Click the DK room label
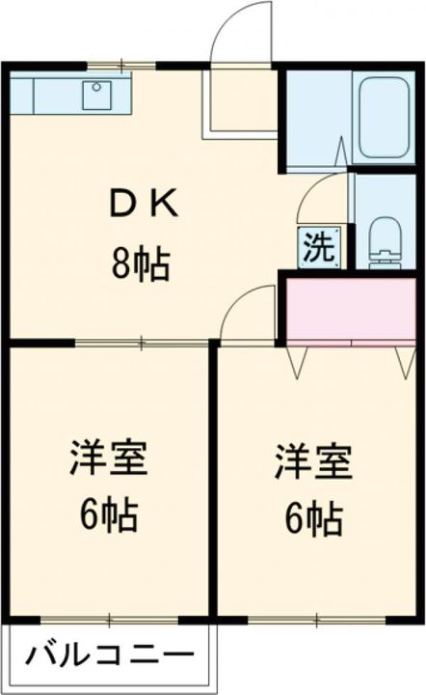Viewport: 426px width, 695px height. pos(142,204)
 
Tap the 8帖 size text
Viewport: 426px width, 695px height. pos(141,262)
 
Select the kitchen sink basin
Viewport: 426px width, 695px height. pos(99,94)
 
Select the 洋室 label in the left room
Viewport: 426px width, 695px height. pos(108,459)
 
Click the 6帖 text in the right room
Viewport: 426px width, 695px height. pos(313,519)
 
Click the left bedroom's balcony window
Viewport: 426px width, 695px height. pos(109,618)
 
